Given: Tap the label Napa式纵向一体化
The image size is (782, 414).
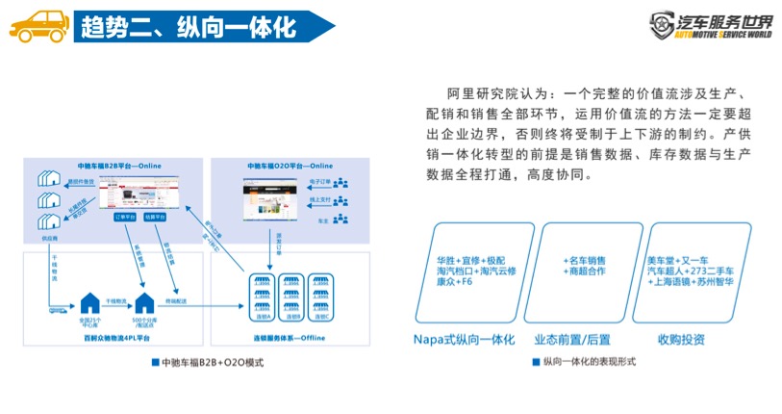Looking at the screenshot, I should tap(465, 339).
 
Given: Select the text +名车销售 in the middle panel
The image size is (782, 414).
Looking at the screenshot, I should tap(584, 260).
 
